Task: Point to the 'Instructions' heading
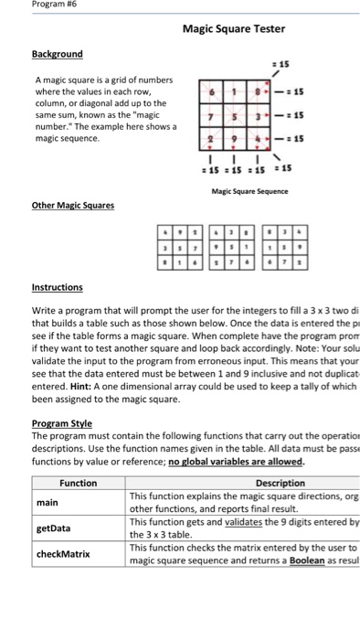[57, 286]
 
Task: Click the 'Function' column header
[78, 483]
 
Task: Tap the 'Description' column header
[281, 483]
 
